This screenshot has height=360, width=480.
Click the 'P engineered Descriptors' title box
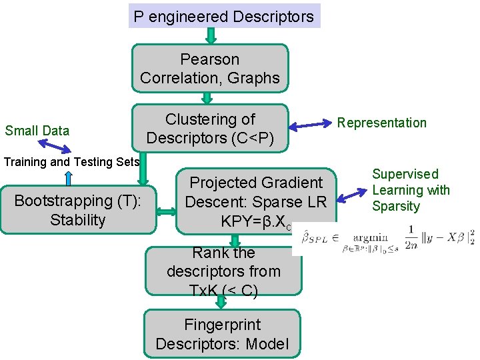click(x=224, y=16)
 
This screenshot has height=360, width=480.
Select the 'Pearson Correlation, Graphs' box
click(x=210, y=68)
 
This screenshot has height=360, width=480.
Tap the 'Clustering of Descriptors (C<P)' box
click(x=210, y=128)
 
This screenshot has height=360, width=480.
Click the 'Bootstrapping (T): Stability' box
click(x=77, y=210)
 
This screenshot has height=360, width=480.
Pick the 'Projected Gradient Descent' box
click(x=256, y=201)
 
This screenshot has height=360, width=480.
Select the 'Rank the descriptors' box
click(x=223, y=271)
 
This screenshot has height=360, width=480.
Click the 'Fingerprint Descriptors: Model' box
click(x=222, y=334)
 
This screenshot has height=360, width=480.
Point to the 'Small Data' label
click(x=37, y=131)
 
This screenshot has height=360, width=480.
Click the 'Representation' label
click(x=381, y=123)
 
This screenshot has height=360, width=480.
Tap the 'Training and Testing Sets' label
click(x=72, y=161)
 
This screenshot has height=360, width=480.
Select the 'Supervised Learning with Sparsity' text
click(x=411, y=190)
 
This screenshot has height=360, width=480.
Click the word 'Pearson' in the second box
click(x=209, y=59)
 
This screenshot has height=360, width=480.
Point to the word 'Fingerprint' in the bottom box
click(x=222, y=325)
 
